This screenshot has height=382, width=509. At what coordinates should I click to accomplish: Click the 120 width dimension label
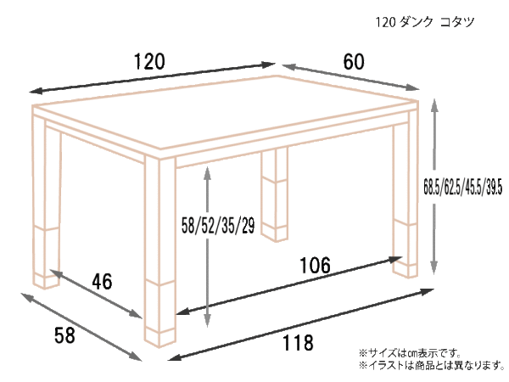[x=149, y=61]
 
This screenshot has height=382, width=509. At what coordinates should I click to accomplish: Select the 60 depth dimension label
[x=354, y=62]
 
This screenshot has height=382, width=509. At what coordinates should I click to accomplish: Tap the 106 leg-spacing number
[x=315, y=265]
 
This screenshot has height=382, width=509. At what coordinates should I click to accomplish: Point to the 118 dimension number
[x=298, y=342]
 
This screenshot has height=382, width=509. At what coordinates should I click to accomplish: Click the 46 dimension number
[x=103, y=281]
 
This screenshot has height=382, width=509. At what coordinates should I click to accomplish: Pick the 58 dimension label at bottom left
[x=64, y=335]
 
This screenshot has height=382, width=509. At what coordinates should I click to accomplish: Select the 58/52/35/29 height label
[x=218, y=226]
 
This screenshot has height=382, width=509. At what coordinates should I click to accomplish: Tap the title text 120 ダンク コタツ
[x=425, y=22]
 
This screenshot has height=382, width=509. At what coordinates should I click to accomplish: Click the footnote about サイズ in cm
[x=410, y=352]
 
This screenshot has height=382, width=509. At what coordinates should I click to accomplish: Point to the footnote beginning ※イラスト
[x=432, y=365]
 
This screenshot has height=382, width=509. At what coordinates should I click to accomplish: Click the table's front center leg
[x=160, y=253]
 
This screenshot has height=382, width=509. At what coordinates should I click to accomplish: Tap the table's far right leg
[x=406, y=195]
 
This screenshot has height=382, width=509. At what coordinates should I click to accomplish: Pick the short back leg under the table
[x=275, y=195]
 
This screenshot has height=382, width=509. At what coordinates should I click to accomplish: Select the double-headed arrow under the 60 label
[x=351, y=77]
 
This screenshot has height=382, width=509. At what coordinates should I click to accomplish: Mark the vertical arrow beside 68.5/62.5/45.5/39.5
[x=434, y=187]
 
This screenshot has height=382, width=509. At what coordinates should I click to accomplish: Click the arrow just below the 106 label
[x=289, y=285]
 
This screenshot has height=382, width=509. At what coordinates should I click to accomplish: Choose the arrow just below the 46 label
[x=97, y=294]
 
